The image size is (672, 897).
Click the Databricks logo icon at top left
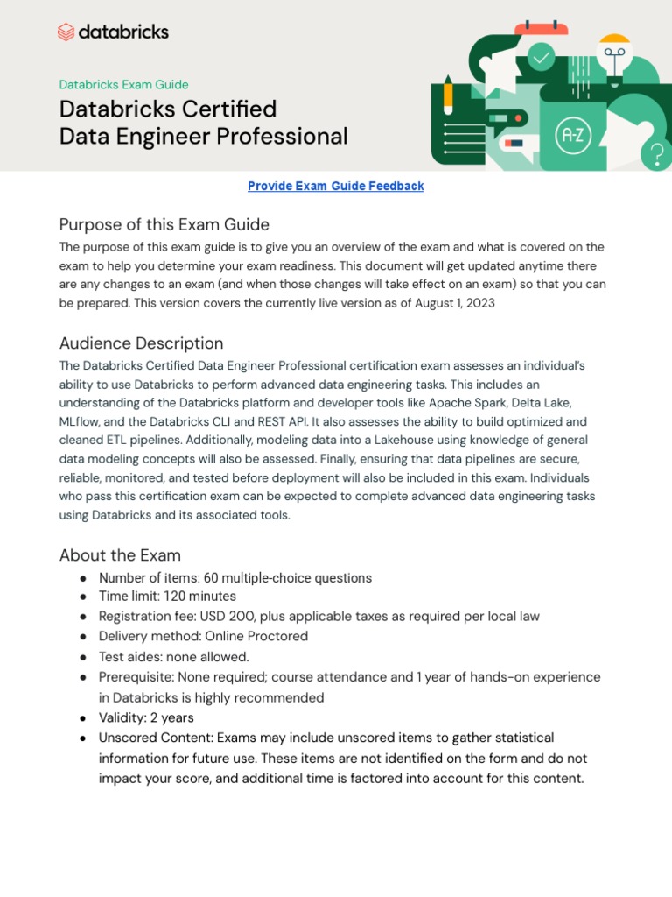[x=66, y=32]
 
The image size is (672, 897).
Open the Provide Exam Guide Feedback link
[x=335, y=186]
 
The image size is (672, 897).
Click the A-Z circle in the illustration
[x=574, y=136]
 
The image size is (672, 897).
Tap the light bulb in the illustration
[x=614, y=54]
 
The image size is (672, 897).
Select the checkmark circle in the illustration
[x=542, y=58]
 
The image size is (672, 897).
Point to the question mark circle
[x=655, y=155]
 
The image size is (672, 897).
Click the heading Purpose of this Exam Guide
[x=164, y=224]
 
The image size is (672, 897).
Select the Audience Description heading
[x=141, y=343]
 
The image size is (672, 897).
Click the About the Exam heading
[x=120, y=554]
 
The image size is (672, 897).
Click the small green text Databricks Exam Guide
[x=123, y=85]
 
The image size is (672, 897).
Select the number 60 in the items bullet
[x=211, y=578]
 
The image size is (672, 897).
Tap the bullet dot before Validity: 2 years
[x=82, y=717]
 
